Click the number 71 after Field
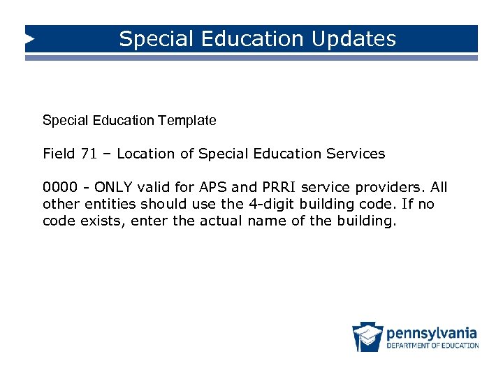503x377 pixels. (89, 154)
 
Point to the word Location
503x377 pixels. (147, 154)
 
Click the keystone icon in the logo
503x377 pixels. (367, 337)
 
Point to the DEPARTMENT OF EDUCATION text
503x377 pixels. (432, 346)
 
